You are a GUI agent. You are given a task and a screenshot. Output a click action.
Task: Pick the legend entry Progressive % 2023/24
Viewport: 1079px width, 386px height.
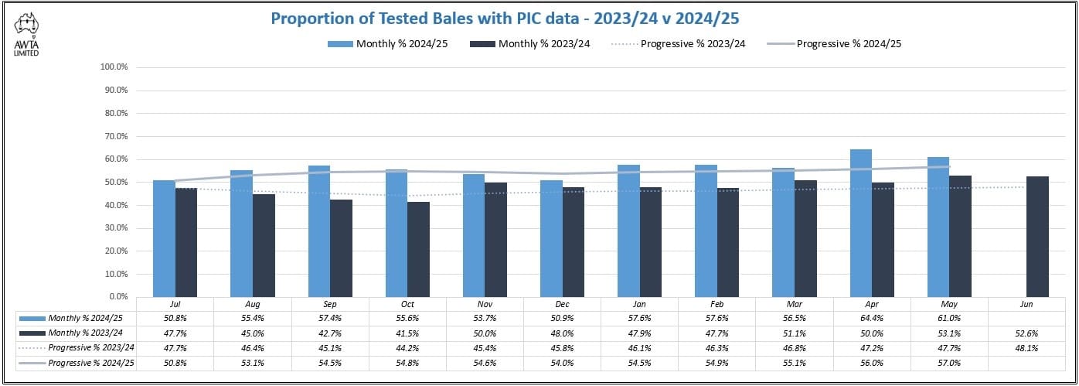pos(693,43)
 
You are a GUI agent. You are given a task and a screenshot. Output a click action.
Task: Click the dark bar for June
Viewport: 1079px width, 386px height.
pos(1037,236)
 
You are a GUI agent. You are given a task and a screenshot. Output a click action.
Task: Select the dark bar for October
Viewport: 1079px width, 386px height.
pos(418,249)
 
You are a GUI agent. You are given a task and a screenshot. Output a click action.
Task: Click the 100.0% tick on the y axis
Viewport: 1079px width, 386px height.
pos(119,67)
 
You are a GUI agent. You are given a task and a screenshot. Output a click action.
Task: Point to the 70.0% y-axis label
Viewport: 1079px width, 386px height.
pos(119,136)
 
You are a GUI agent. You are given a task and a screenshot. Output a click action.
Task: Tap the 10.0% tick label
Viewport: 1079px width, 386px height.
pos(119,274)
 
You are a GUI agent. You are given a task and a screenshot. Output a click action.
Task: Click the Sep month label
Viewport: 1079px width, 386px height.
pos(330,305)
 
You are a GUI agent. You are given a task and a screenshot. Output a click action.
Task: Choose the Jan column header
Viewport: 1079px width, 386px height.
pos(640,305)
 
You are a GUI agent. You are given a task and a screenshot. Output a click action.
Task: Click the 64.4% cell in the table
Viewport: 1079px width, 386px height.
pos(872,319)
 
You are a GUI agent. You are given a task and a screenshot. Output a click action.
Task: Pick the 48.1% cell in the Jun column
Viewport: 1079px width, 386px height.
pos(1027,348)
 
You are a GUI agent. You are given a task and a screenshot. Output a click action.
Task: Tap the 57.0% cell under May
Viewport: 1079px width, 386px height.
pos(949,363)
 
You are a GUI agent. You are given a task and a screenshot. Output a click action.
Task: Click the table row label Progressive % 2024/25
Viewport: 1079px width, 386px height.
pos(91,363)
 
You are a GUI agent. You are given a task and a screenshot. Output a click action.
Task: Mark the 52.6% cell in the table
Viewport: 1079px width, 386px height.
pos(1027,333)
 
